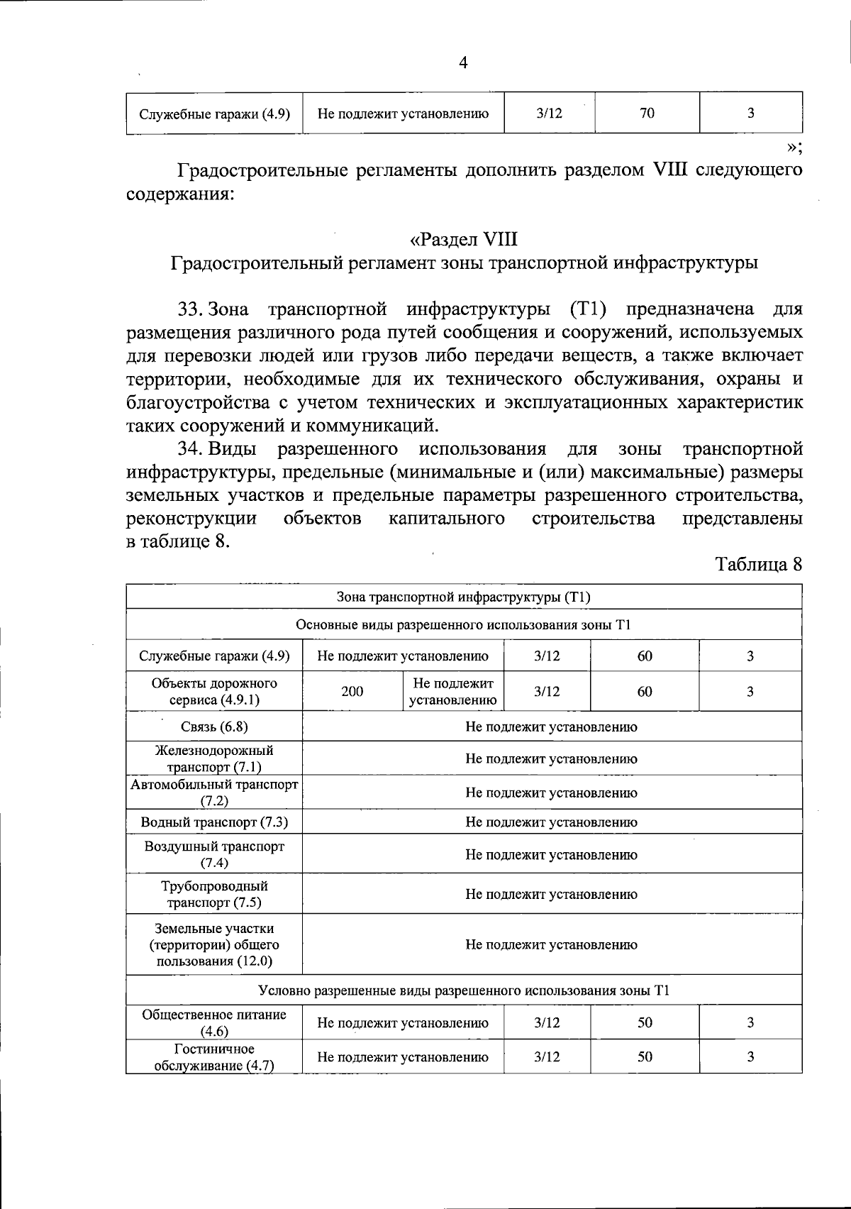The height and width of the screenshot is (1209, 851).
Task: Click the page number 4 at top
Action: [463, 63]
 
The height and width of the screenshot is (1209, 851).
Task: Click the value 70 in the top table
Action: [647, 113]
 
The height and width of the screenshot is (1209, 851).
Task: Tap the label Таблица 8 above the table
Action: [759, 564]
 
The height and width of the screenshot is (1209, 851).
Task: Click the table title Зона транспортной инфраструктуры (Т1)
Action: [463, 597]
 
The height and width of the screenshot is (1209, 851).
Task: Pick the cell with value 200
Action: [352, 691]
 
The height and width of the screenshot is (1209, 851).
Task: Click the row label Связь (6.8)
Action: [214, 727]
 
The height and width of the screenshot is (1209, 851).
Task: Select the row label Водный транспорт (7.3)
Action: [214, 822]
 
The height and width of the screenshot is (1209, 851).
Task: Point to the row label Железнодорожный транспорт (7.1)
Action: [214, 758]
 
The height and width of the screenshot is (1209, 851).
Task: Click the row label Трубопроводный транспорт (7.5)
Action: [214, 894]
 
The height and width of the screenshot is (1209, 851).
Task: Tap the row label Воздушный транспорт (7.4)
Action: [214, 854]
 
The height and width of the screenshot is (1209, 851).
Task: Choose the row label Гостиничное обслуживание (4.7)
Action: [214, 1057]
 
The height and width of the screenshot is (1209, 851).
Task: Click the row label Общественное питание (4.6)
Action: [214, 1022]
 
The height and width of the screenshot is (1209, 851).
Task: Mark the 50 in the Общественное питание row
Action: [645, 1022]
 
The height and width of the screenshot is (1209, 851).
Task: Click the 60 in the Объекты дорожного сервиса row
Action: [645, 691]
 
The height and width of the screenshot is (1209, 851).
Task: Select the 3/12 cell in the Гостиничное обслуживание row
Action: [547, 1057]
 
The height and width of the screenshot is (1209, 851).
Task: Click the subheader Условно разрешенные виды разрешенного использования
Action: [463, 990]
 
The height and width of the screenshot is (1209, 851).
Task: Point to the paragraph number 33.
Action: [191, 309]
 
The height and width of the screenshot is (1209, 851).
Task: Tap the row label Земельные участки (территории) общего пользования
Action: [214, 944]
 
